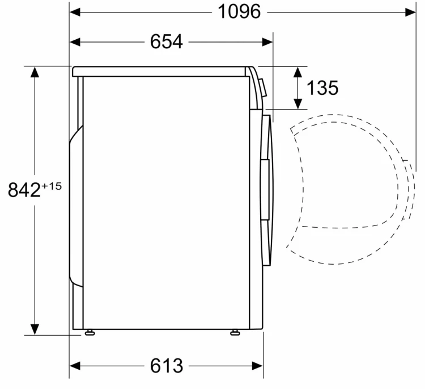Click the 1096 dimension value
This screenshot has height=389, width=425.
tap(239, 12)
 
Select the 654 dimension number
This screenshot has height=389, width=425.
tap(167, 42)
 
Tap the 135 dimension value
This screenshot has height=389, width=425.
tap(322, 88)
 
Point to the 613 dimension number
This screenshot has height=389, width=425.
tap(167, 366)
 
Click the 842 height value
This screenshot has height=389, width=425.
tap(24, 190)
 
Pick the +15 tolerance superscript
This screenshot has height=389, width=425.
tap(52, 186)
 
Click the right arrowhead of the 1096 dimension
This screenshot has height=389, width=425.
tap(410, 12)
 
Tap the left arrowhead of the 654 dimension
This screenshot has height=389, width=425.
tap(75, 42)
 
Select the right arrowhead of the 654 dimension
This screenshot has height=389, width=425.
tap(267, 42)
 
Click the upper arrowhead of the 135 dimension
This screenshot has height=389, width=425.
tap(298, 72)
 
